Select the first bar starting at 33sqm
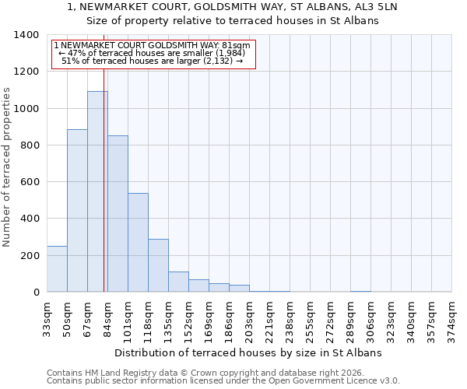[x=57, y=268]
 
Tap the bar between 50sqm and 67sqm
[x=77, y=210]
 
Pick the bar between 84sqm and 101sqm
[x=118, y=214]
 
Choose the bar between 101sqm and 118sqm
[x=138, y=242]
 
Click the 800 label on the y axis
[x=29, y=145]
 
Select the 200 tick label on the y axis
[x=29, y=255]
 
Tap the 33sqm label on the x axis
[x=47, y=319]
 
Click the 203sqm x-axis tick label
[x=249, y=319]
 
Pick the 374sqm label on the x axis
[x=451, y=319]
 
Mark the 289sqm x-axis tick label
[x=350, y=319]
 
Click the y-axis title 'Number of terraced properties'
[x=9, y=166]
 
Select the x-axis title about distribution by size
[x=248, y=352]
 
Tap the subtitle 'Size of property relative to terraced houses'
[x=233, y=21]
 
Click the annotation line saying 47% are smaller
[x=153, y=53]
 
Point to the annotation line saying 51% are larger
[x=153, y=61]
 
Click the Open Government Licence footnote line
[x=223, y=381]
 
